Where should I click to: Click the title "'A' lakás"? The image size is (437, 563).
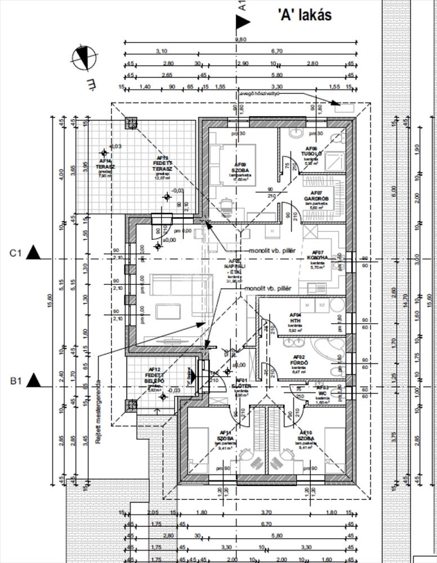click(x=304, y=15)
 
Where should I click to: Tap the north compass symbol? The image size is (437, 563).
click(x=83, y=58)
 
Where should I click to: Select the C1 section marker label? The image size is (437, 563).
click(x=15, y=253)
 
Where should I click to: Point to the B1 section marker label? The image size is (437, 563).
click(x=15, y=381)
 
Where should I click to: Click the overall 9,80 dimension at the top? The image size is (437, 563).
click(x=240, y=39)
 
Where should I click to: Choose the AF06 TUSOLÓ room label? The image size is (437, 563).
click(x=311, y=153)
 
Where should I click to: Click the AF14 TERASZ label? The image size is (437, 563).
click(x=105, y=167)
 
